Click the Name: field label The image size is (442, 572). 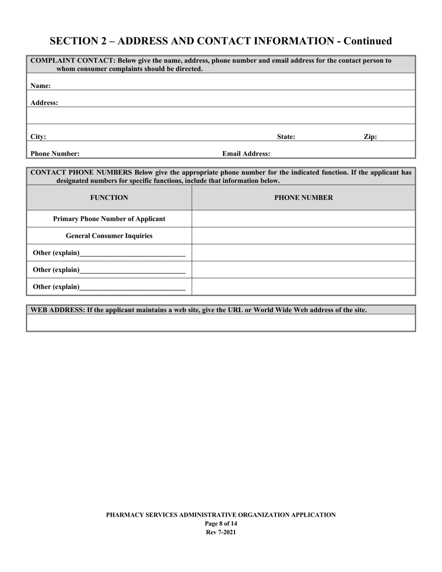coord(40,86)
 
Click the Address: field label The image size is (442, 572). coord(44,103)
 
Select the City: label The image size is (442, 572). coord(38,137)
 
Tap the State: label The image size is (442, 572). coord(286,137)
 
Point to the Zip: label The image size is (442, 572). coord(370,137)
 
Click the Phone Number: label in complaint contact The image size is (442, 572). coord(55,153)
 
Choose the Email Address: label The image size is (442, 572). coord(246,153)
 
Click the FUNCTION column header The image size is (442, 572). coord(109,198)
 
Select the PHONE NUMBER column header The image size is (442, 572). coord(303,198)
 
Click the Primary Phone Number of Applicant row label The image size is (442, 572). coord(109,219)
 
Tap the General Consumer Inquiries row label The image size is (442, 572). coord(109,236)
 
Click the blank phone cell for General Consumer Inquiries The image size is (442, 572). coord(303,236)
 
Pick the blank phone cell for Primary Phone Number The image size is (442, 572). coord(303,219)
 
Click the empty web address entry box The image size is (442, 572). coord(221,322)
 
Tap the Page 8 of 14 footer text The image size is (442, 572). coord(221,524)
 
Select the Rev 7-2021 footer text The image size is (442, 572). coord(221,532)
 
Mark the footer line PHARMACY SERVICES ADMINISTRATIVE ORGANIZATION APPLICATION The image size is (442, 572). coord(221,515)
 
